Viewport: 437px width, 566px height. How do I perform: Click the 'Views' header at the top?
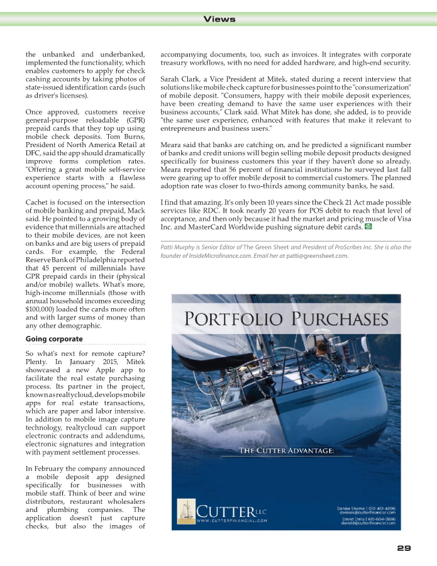pos(219,19)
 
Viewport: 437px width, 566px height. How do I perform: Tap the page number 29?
pos(404,548)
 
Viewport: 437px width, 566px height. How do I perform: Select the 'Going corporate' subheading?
pos(54,339)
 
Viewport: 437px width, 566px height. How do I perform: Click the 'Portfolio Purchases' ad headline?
pos(286,319)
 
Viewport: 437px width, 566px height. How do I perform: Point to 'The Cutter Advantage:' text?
pos(285,450)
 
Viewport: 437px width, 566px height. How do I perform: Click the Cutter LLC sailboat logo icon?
pos(186,512)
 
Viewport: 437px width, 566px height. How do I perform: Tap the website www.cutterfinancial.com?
pos(232,521)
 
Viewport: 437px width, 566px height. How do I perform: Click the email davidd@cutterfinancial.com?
pos(368,523)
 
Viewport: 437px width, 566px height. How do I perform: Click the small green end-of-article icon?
pos(368,225)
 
